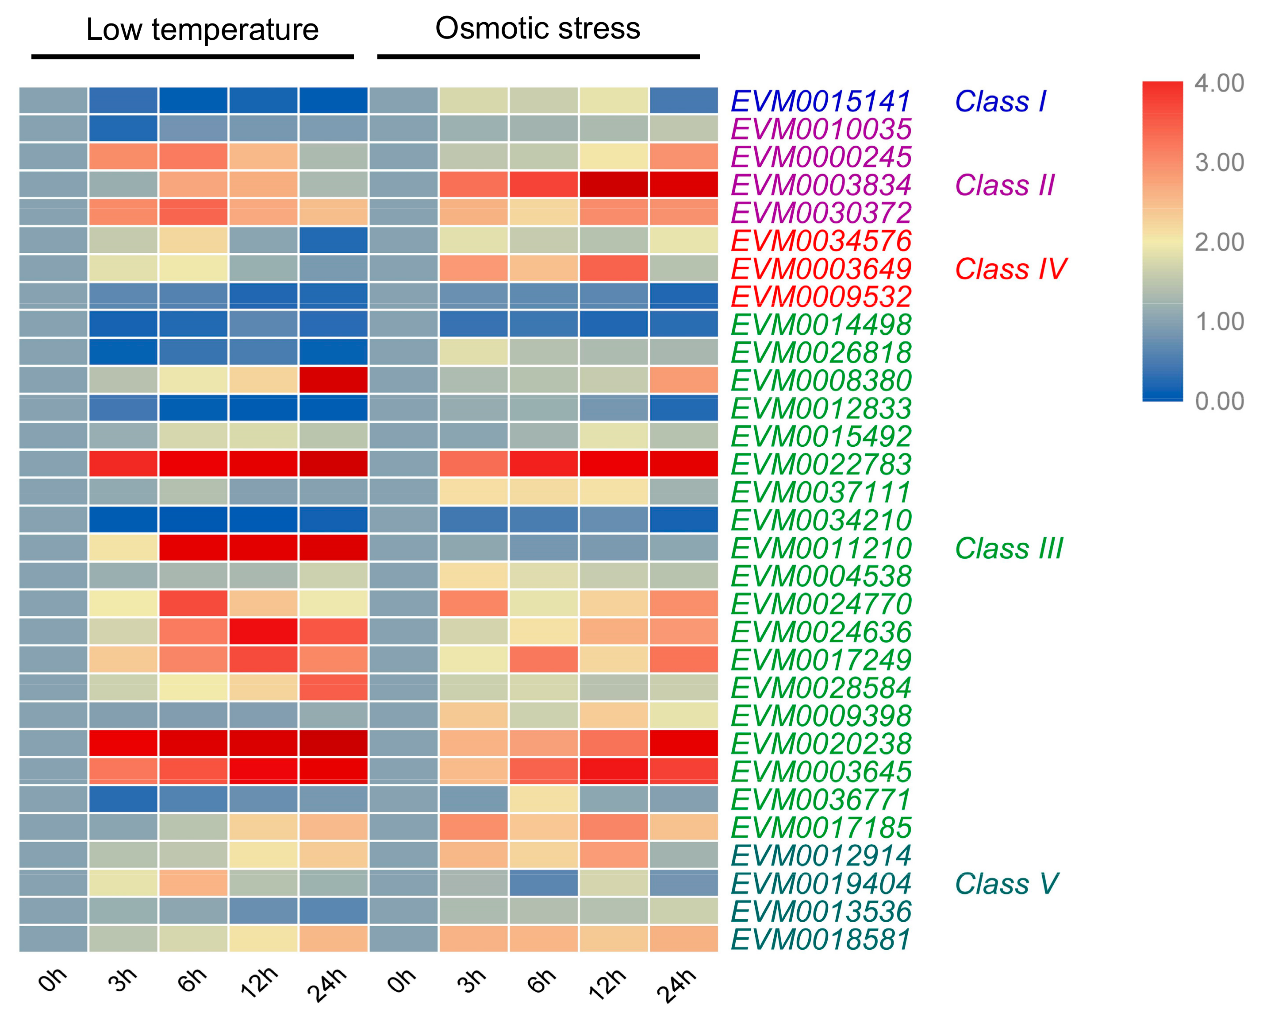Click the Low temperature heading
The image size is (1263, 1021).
pyautogui.click(x=202, y=29)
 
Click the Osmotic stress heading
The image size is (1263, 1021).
pyautogui.click(x=537, y=28)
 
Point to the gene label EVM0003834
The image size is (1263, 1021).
pyautogui.click(x=821, y=185)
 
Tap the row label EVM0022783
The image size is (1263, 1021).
pyautogui.click(x=821, y=464)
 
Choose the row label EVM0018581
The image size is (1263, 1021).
pyautogui.click(x=821, y=939)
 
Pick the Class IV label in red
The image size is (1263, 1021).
pyautogui.click(x=1010, y=269)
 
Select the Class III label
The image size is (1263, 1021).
pyautogui.click(x=1009, y=549)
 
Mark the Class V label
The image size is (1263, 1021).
pyautogui.click(x=1006, y=884)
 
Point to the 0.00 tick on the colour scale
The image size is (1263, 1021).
pyautogui.click(x=1219, y=401)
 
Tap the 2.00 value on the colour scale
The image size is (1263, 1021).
pyautogui.click(x=1219, y=242)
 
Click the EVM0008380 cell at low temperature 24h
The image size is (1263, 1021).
pyautogui.click(x=333, y=380)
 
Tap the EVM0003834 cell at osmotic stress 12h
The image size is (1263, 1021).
pyautogui.click(x=614, y=185)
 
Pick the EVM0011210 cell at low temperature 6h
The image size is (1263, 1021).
pyautogui.click(x=193, y=548)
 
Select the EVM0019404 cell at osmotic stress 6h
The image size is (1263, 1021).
pyautogui.click(x=544, y=883)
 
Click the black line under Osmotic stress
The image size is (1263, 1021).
pyautogui.click(x=538, y=57)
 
